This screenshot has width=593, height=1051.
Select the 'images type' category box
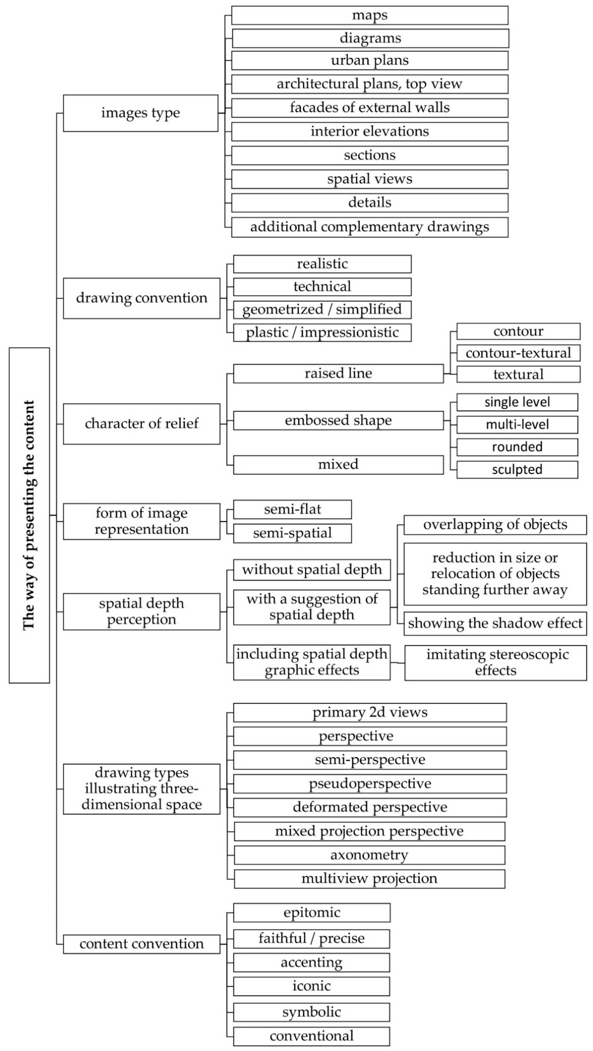[141, 113]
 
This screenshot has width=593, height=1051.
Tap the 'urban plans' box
[370, 60]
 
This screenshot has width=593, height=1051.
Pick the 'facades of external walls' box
[370, 108]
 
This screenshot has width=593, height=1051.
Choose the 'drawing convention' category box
[141, 298]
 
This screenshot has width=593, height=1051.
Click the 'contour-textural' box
[518, 353]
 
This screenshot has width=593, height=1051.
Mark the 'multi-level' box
[517, 425]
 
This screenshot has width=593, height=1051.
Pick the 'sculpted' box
[517, 470]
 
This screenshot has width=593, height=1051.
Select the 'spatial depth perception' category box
[141, 612]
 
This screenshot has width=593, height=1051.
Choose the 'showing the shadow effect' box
[495, 623]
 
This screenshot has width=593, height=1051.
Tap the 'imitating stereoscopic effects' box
[495, 663]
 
